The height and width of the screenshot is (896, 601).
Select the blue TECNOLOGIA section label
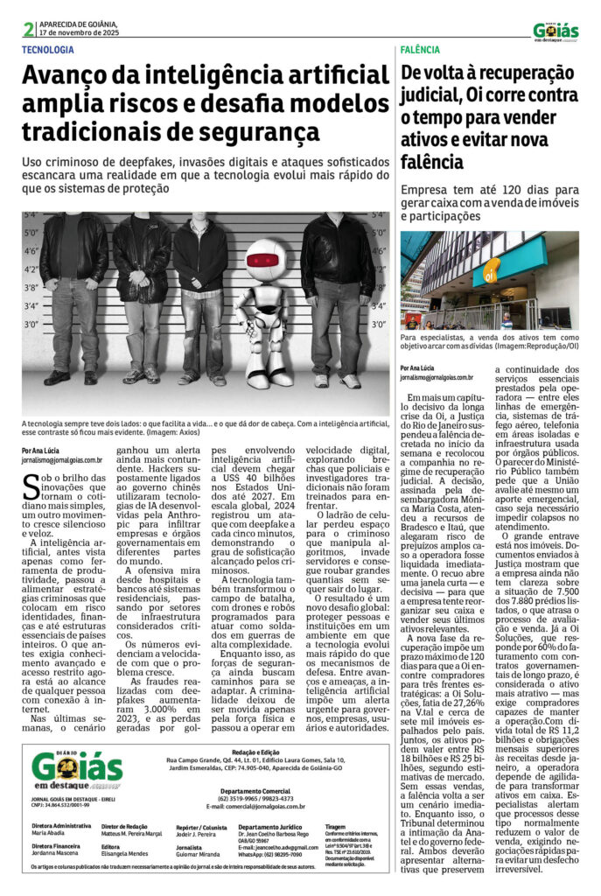pyautogui.click(x=48, y=51)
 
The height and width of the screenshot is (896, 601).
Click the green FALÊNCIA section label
pyautogui.click(x=421, y=51)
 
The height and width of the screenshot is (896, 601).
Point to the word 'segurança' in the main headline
pyautogui.click(x=258, y=133)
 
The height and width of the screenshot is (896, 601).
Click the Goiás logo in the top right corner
pyautogui.click(x=556, y=31)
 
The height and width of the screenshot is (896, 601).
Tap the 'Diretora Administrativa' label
pyautogui.click(x=61, y=825)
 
